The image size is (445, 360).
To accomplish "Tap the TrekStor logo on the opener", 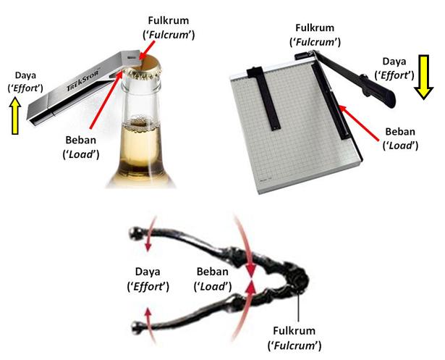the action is click(83, 80).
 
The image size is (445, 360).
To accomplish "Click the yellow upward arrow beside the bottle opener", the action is click(15, 115).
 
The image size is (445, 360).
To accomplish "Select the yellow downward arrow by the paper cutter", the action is click(423, 77).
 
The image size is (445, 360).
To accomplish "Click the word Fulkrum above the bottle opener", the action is click(169, 21).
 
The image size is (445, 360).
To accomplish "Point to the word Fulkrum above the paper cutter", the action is click(315, 28).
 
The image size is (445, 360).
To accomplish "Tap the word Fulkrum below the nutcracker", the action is click(294, 331).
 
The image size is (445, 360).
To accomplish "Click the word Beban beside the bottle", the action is click(80, 140).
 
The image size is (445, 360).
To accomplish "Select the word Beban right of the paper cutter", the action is click(400, 132).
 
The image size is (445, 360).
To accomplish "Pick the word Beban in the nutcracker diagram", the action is click(212, 272).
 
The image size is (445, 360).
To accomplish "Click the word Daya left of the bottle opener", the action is click(25, 75).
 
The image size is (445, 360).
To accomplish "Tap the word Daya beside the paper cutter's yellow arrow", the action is click(394, 62).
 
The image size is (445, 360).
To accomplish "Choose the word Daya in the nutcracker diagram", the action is click(148, 272).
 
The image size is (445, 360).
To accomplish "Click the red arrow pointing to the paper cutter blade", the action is click(359, 123).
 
